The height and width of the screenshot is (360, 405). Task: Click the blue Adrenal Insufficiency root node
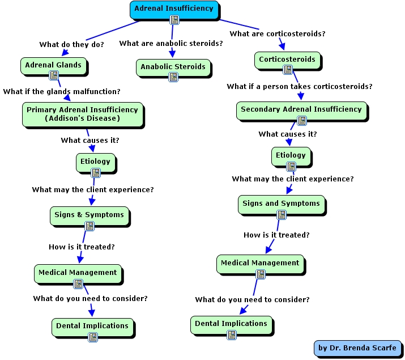(x=173, y=9)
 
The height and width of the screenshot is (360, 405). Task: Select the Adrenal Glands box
(x=53, y=65)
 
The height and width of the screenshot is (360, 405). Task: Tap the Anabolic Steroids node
(x=173, y=67)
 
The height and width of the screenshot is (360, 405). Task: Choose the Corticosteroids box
(x=287, y=60)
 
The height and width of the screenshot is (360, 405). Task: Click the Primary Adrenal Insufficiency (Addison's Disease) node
(x=82, y=113)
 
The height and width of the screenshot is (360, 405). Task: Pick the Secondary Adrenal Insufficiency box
(x=301, y=109)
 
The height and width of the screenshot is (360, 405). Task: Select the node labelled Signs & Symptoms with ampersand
(x=89, y=215)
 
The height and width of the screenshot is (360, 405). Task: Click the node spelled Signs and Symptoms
(x=281, y=204)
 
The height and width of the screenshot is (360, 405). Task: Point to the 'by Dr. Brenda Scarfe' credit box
(x=359, y=348)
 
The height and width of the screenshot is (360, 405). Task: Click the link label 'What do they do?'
(x=71, y=44)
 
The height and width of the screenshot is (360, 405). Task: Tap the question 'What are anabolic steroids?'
(x=171, y=44)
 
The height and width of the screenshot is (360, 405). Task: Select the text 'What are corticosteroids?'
(x=278, y=34)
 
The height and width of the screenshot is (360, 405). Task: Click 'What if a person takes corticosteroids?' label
(x=300, y=87)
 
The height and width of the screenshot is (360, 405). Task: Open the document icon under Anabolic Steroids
(x=173, y=77)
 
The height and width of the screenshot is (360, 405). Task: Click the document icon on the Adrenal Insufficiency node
(x=174, y=19)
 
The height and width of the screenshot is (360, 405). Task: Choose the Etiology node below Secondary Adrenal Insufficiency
(x=291, y=155)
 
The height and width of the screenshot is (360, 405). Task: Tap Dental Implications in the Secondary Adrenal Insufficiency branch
(x=231, y=324)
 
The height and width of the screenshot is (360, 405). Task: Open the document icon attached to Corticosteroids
(x=288, y=70)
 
